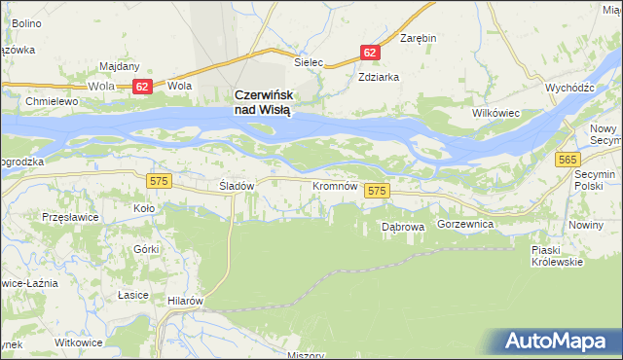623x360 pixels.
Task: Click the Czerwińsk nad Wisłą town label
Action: (x=263, y=102)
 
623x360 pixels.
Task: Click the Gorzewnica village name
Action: (x=466, y=224)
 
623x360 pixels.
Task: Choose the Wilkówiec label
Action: (x=497, y=114)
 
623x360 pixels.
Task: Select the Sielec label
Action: (x=309, y=61)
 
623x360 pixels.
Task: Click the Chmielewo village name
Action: (x=53, y=101)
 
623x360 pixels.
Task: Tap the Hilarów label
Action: (x=184, y=301)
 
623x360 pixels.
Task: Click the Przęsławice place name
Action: (x=70, y=217)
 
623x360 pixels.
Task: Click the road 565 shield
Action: (x=569, y=159)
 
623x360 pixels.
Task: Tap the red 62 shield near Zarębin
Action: (x=370, y=51)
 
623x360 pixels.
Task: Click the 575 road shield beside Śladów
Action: (x=159, y=180)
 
